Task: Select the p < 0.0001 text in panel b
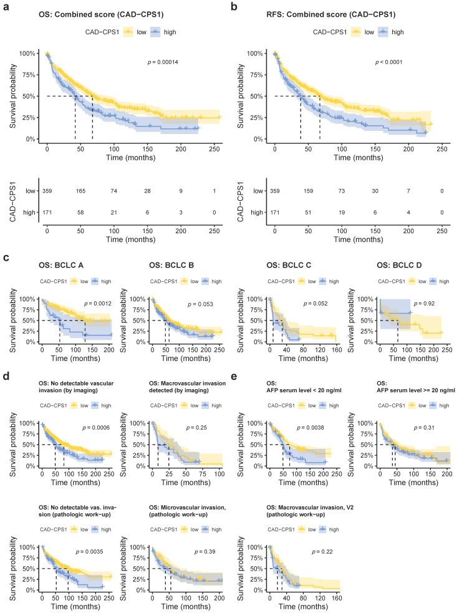pyautogui.click(x=390, y=63)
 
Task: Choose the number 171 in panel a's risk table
pyautogui.click(x=47, y=213)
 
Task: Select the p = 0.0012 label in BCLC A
pyautogui.click(x=100, y=304)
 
